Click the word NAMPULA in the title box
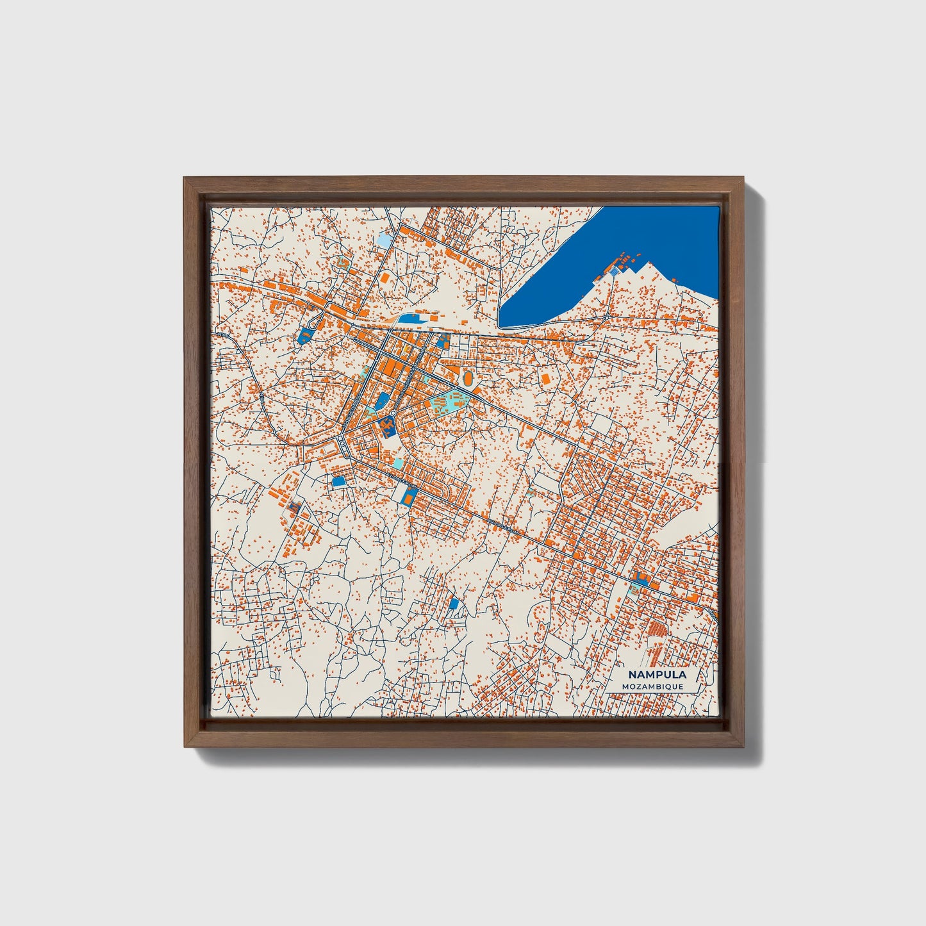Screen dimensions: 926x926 [x=656, y=674]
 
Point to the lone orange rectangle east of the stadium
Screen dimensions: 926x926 [x=546, y=379]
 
